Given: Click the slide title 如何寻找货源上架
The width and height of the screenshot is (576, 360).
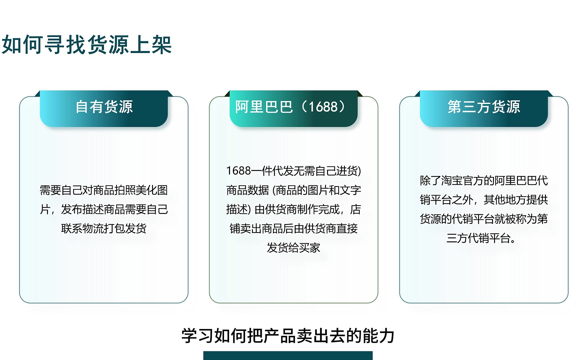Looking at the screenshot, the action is (x=87, y=45).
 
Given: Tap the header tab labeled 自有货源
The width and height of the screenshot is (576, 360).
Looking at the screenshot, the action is (x=104, y=109).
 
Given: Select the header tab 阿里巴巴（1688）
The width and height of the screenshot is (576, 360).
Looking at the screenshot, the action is (x=293, y=109).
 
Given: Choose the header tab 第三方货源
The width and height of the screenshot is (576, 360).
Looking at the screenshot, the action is (x=484, y=109).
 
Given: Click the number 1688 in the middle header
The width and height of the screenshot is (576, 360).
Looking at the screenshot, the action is (x=323, y=107).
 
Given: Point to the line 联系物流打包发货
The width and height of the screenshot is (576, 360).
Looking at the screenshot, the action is (x=104, y=229).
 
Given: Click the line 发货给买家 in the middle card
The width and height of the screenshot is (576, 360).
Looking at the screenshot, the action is (x=294, y=248).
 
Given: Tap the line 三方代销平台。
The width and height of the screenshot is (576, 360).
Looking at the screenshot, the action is (x=481, y=238).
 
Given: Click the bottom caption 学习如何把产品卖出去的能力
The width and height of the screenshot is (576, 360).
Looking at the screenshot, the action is (x=288, y=336).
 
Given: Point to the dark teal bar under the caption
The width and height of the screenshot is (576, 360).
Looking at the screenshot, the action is (x=288, y=355).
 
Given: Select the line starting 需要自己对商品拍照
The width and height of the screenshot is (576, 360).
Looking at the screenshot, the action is (x=104, y=190).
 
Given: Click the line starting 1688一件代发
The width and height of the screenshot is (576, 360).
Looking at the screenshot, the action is (x=294, y=171).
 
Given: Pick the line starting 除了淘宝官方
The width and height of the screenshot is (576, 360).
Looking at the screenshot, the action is (x=484, y=180).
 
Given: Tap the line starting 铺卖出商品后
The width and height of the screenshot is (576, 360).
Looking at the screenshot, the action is (x=294, y=229).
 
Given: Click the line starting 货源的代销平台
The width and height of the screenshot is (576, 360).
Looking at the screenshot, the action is (x=484, y=219).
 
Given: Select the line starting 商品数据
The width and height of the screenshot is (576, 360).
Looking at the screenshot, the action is (x=294, y=190).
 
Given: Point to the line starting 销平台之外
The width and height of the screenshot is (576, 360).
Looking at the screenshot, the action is (x=484, y=200).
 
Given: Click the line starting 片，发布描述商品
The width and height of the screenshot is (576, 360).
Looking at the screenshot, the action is (x=104, y=209).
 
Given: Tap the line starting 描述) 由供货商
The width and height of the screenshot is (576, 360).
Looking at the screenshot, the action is (x=294, y=209).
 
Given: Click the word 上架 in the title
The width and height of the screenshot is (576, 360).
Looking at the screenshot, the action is (x=151, y=45).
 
